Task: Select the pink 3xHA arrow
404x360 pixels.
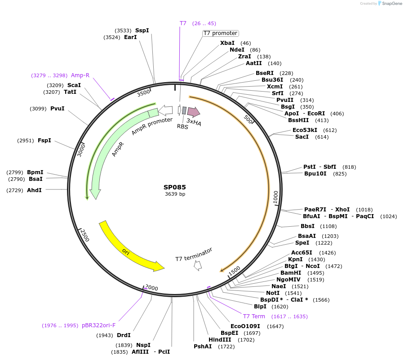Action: point(194,112)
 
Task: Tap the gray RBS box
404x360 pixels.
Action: point(184,110)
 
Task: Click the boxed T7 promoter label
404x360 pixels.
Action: point(221,33)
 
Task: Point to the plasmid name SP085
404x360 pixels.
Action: point(175,187)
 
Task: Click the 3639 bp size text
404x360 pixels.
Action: point(175,194)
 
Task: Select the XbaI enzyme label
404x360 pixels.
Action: point(227,43)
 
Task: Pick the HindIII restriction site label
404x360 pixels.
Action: point(220,340)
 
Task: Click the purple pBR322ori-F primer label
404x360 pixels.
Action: point(99,325)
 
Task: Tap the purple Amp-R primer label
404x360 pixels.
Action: point(80,75)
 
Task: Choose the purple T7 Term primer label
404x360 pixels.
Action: point(254,316)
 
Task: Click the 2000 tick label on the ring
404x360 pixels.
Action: point(151,288)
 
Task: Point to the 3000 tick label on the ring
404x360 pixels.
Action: point(81,150)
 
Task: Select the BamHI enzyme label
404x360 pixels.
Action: point(291,273)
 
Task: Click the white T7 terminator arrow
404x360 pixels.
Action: point(198,266)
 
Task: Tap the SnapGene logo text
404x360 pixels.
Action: point(392,3)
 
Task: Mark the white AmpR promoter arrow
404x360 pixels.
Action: point(165,110)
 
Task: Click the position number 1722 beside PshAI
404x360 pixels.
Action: point(226,347)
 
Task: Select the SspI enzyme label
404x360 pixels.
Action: point(142,31)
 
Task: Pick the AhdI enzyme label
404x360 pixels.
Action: point(34,190)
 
